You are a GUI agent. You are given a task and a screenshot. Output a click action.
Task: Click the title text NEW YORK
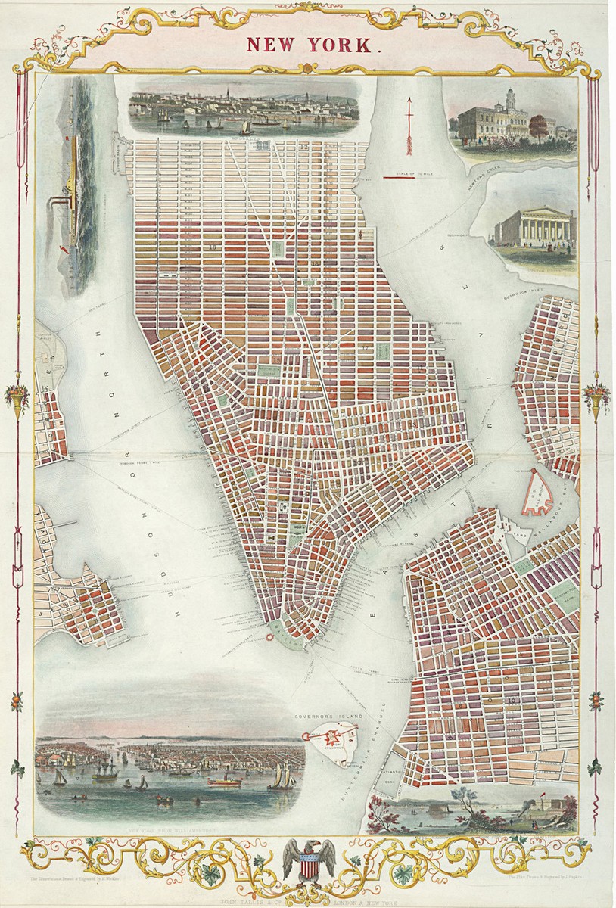click(310, 45)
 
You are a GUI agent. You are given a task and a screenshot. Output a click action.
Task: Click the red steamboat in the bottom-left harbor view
click(225, 779)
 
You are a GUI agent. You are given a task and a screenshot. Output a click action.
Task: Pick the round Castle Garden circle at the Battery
click(269, 637)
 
